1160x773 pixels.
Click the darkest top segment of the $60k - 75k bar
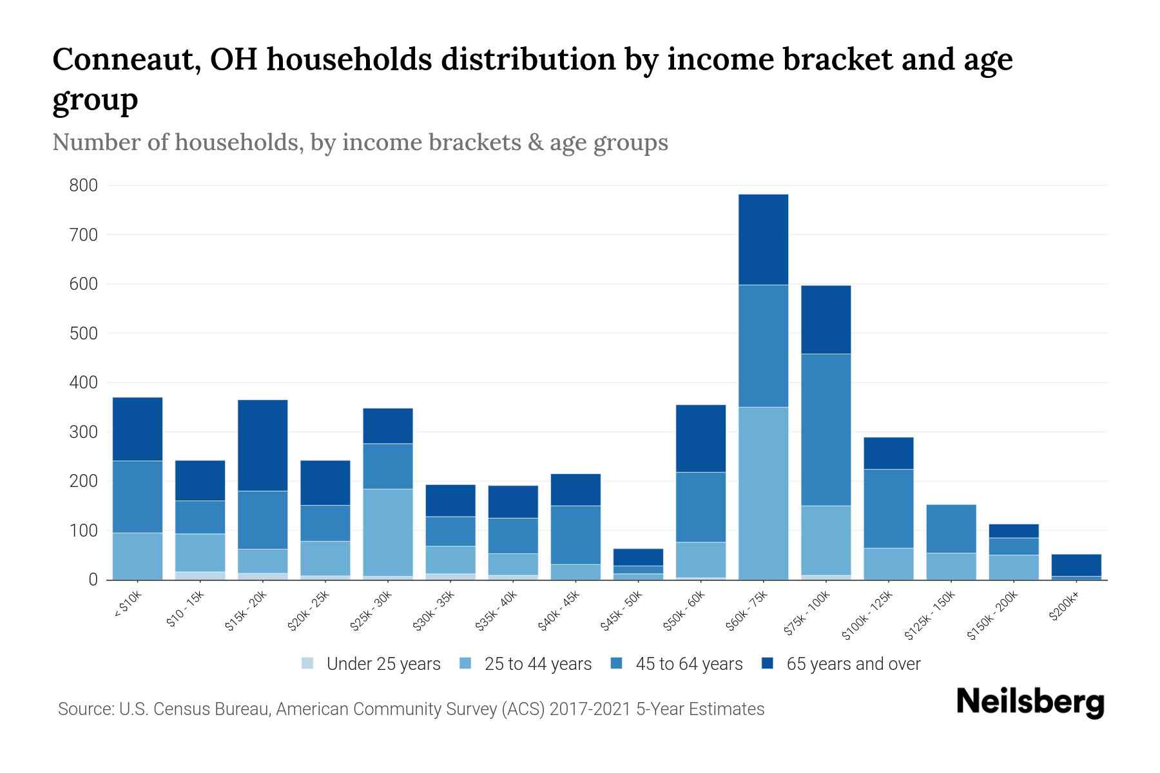pyautogui.click(x=763, y=239)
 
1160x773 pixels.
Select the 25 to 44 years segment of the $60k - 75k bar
pyautogui.click(x=763, y=493)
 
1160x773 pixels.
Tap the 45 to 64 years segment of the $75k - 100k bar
pyautogui.click(x=826, y=430)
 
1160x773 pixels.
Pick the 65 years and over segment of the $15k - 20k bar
pyautogui.click(x=262, y=445)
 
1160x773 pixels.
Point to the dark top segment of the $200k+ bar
pyautogui.click(x=1076, y=565)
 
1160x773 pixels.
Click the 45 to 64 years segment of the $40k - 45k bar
pyautogui.click(x=575, y=535)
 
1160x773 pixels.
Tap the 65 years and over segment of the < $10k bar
pyautogui.click(x=137, y=429)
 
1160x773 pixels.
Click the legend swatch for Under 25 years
pyautogui.click(x=308, y=663)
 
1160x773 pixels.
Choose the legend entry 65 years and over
pyautogui.click(x=853, y=663)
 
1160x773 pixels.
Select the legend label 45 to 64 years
pyautogui.click(x=689, y=663)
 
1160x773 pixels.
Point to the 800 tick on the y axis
pyautogui.click(x=83, y=186)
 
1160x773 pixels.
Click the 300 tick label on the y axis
pyautogui.click(x=83, y=432)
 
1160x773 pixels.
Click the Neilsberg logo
pyautogui.click(x=1030, y=702)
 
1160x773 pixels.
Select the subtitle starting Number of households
pyautogui.click(x=360, y=142)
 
